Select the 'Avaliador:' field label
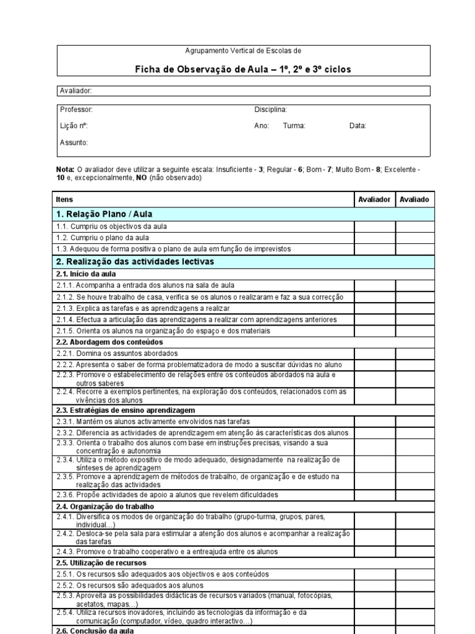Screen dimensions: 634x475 (x=75, y=91)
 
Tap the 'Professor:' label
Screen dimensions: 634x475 (x=76, y=110)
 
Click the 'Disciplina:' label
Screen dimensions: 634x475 (x=270, y=110)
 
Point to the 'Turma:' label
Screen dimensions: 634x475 (x=294, y=126)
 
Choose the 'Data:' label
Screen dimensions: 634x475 (x=357, y=126)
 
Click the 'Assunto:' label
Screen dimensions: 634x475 (x=74, y=142)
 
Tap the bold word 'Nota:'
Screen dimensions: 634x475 (x=65, y=170)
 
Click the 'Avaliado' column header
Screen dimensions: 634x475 (x=414, y=199)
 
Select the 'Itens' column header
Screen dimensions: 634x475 (x=64, y=199)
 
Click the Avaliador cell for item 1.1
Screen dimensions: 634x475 (x=375, y=227)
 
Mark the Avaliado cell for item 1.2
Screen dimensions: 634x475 (x=414, y=238)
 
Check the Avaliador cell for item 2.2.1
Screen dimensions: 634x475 (x=375, y=353)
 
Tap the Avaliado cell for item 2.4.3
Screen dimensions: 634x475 (x=414, y=551)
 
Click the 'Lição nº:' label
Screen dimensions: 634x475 (x=74, y=126)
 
